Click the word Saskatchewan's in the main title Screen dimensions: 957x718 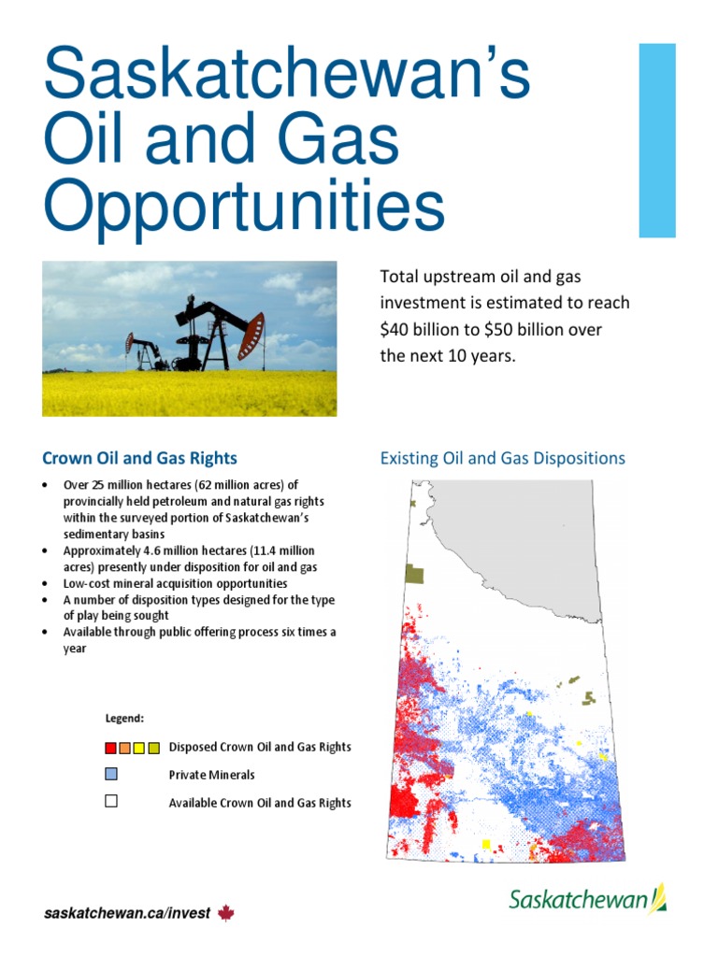(x=287, y=76)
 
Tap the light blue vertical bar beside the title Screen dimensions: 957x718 (x=656, y=139)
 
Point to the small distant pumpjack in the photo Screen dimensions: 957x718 (x=145, y=353)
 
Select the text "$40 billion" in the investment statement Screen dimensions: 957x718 (x=417, y=329)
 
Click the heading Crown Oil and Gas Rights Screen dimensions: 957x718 (x=139, y=458)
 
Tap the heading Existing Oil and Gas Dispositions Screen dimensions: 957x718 (x=502, y=458)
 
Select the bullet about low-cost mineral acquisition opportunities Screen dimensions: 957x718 (x=175, y=583)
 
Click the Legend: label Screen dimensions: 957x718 (x=124, y=719)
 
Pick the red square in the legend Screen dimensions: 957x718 (x=111, y=748)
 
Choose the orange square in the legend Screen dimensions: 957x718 (x=125, y=748)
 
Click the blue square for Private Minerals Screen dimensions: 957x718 (x=111, y=774)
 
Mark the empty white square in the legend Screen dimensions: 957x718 (x=111, y=801)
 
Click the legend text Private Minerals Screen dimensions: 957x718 (x=211, y=775)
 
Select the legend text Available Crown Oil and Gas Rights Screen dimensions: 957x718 (x=260, y=803)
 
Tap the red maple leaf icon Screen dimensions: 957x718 (x=225, y=913)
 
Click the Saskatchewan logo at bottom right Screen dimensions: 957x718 (x=587, y=899)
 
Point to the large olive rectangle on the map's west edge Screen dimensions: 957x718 (x=414, y=574)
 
